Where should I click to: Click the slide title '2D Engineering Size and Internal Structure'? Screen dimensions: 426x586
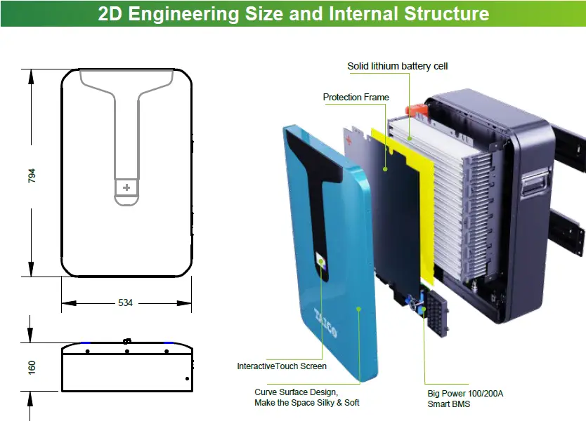[293, 14]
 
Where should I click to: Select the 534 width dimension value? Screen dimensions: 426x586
[125, 302]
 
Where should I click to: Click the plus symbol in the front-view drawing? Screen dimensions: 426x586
[126, 187]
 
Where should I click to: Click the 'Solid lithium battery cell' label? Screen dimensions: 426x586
[397, 66]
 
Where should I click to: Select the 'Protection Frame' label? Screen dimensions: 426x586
[356, 97]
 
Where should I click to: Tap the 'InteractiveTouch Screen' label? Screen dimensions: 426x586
[282, 366]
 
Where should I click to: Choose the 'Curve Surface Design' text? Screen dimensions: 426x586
[297, 392]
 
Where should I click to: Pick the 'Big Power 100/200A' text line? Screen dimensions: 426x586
[465, 393]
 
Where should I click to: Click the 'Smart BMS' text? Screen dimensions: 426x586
[449, 404]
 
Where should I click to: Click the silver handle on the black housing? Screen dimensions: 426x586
[533, 185]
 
